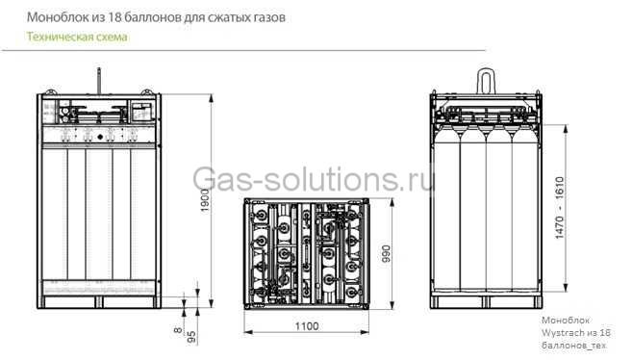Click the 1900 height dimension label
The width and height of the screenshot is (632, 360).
point(205,200)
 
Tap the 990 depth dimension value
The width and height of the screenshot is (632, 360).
point(386,253)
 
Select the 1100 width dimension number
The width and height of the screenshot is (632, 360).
point(307,325)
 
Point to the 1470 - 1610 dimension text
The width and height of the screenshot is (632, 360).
point(560,208)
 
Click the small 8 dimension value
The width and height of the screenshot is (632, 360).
point(178,330)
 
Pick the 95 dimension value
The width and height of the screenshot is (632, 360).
point(191,337)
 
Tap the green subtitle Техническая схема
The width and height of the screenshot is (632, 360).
point(77,37)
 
